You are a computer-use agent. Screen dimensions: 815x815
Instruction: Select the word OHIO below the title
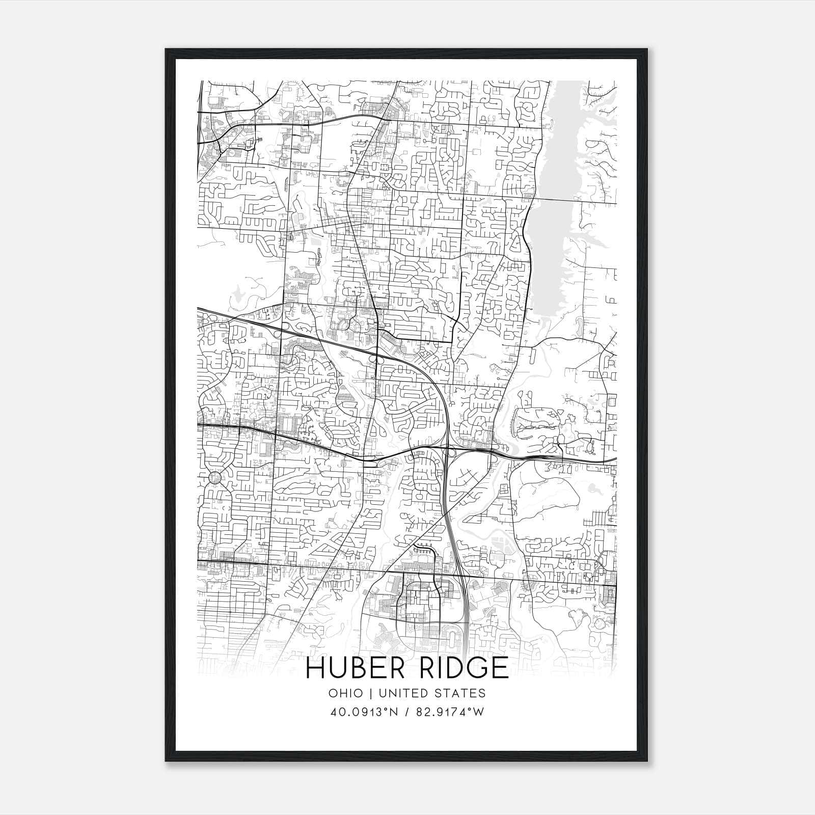[346, 693]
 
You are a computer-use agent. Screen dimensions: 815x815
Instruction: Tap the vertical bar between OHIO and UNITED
[369, 693]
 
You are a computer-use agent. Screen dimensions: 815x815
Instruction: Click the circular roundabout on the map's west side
[215, 478]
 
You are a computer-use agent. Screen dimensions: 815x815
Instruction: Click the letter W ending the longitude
[478, 712]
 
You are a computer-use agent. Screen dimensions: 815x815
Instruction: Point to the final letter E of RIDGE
[501, 668]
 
